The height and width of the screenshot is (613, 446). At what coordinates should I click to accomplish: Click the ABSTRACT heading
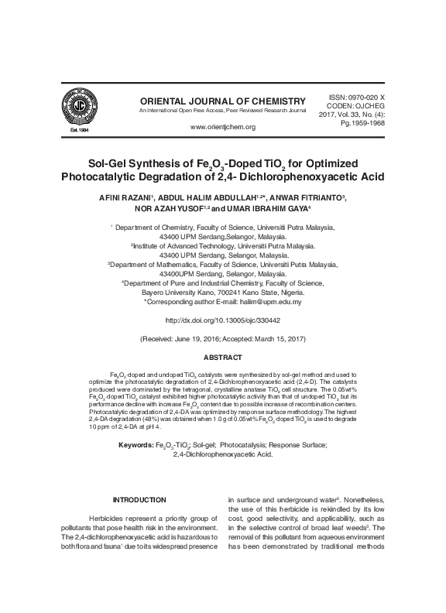tap(222, 358)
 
